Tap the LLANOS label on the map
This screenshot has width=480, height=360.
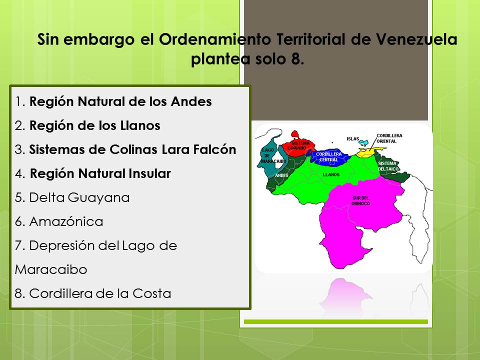(331, 175)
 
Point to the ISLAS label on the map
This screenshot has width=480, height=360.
(352, 138)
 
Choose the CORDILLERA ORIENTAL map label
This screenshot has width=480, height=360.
(389, 138)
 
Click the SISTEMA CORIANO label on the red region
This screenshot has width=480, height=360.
(300, 145)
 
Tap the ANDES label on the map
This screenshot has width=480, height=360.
(281, 175)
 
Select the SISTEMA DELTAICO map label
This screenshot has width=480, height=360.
(387, 166)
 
